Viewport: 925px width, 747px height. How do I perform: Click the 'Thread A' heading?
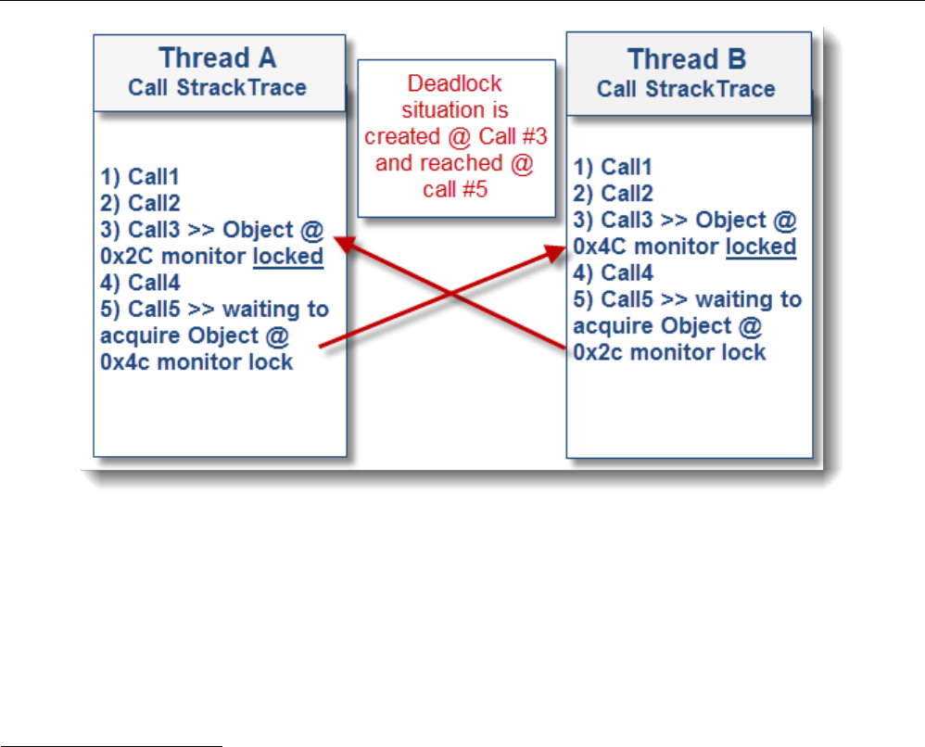217,57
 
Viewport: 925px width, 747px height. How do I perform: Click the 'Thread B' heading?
687,59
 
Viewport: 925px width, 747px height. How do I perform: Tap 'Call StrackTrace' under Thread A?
217,87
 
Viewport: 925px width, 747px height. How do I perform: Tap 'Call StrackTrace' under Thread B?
686,88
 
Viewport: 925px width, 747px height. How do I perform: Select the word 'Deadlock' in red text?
454,83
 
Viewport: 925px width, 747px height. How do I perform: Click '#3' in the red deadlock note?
535,136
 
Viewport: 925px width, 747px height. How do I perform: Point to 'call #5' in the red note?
455,189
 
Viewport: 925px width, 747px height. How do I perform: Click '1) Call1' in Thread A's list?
139,176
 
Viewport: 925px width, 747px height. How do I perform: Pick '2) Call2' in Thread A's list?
140,203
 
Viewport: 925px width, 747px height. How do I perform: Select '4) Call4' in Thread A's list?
140,283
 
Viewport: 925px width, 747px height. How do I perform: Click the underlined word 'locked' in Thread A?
288,257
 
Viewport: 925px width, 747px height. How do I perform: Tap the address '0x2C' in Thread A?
127,256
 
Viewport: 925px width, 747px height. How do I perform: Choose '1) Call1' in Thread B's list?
613,167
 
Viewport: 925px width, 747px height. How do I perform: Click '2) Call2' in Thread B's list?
613,194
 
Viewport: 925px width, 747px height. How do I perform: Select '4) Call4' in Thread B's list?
613,272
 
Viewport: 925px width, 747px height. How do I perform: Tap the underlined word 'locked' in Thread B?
761,247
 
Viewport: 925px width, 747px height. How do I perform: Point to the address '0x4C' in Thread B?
600,246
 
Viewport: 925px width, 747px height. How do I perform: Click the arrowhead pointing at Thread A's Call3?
346,243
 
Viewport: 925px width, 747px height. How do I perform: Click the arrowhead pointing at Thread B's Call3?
555,252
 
